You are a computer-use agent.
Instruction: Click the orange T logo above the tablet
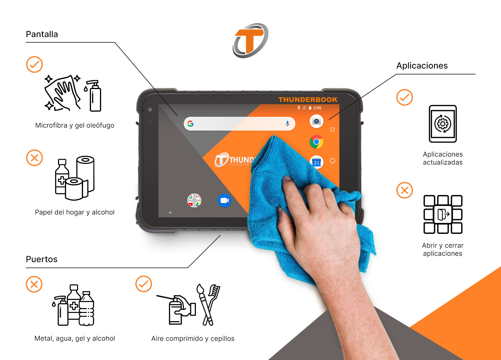[250, 40]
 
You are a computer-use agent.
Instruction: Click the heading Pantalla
[42, 34]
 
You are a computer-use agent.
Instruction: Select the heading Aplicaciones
[422, 65]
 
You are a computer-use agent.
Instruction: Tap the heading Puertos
[42, 259]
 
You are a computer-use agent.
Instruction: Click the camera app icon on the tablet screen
[316, 121]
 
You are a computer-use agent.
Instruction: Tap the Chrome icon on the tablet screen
[316, 142]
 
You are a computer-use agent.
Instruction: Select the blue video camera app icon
[224, 201]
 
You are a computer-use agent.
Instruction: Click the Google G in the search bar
[191, 124]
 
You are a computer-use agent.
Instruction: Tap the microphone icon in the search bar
[287, 124]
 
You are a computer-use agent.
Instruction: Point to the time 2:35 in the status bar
[317, 108]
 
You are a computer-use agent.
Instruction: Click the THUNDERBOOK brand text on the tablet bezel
[308, 100]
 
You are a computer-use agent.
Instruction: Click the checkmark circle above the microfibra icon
[34, 64]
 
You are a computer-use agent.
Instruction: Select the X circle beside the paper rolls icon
[34, 158]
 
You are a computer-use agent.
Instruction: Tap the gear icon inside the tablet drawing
[443, 124]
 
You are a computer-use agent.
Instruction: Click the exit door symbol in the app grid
[443, 214]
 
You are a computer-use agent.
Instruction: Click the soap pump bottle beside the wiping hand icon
[94, 96]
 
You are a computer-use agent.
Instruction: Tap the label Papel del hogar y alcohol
[75, 212]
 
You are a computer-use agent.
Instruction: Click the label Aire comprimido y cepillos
[193, 338]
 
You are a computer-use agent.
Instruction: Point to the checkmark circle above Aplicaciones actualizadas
[404, 98]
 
